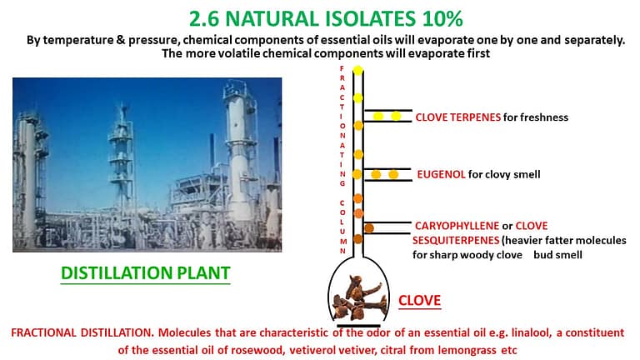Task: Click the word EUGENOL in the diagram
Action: (441, 175)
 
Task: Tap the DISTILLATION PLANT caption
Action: (146, 273)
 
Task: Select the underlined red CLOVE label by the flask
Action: (420, 300)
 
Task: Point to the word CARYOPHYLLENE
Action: (457, 226)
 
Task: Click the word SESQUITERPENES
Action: (456, 240)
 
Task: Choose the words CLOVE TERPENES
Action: (458, 117)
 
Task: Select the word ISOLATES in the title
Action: (371, 19)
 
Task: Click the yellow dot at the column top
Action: (358, 70)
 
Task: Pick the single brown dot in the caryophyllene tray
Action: (369, 228)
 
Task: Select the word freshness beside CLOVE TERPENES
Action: (536, 117)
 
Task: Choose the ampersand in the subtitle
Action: (121, 40)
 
